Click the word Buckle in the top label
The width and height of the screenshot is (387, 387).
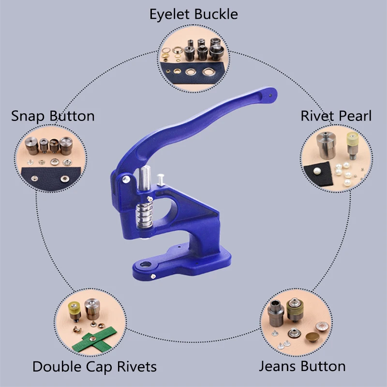tap(216, 15)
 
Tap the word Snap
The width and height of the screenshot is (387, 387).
tap(27, 116)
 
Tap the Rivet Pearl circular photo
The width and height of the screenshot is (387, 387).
tap(335, 158)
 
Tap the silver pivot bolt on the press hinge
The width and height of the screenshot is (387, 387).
tap(126, 179)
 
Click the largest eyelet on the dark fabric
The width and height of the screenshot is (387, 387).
tap(209, 73)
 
